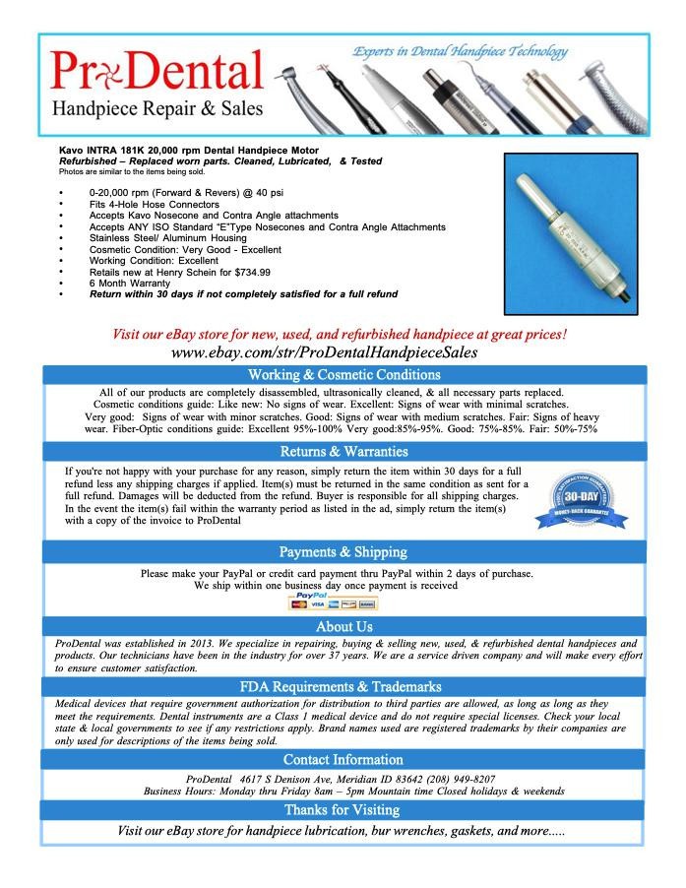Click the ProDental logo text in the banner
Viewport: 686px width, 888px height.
(157, 71)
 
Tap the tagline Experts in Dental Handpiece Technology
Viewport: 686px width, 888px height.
(460, 51)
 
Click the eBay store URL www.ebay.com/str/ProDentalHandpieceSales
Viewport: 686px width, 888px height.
(310, 351)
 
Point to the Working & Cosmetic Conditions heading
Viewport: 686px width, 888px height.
(343, 375)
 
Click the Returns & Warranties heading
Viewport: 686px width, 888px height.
(343, 452)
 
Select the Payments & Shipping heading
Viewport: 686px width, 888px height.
(343, 551)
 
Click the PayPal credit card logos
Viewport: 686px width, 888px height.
(333, 602)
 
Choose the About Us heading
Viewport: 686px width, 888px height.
(343, 626)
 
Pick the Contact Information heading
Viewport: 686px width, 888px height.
(343, 759)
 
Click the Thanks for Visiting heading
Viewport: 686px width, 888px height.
(343, 809)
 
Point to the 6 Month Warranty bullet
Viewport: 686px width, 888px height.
(130, 283)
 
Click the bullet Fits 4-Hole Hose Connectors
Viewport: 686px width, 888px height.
(154, 204)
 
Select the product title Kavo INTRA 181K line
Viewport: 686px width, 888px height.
(178, 150)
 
